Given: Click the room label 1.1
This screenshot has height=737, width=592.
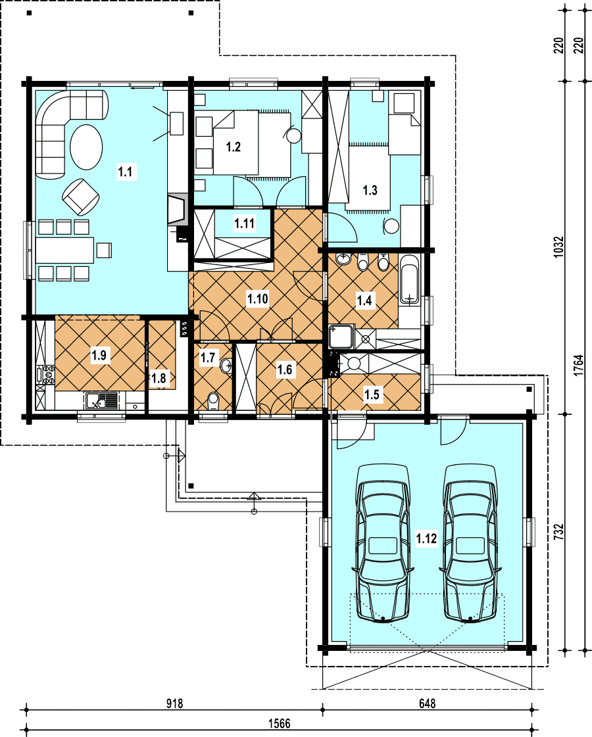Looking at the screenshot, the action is pos(125,172).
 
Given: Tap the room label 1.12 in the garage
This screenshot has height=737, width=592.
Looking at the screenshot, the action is pos(426,538).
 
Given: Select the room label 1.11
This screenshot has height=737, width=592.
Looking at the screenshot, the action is pos(245,224).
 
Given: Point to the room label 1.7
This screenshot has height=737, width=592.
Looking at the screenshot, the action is pos(208,358).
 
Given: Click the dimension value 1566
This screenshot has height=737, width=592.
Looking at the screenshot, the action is pos(280,723).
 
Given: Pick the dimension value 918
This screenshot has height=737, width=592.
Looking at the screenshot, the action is pos(174,703).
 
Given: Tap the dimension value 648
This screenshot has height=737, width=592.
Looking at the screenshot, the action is pos(427,703).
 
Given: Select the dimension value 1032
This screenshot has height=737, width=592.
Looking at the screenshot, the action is pos(558,247).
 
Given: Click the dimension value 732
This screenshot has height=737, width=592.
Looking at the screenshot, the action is pos(558,532).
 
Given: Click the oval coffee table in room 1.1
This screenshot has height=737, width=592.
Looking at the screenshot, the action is pos(86,146).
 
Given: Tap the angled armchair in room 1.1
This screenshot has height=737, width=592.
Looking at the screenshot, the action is pos(81,196).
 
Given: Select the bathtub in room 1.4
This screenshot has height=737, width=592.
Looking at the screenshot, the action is pos(410,279).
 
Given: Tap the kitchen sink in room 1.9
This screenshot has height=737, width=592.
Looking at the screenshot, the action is pos(102,402).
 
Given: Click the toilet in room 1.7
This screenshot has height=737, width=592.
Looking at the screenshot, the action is pos(214,402).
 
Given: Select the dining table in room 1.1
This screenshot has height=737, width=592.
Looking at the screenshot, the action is pos(65,250).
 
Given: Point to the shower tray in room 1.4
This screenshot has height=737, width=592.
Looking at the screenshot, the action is pos(341,337).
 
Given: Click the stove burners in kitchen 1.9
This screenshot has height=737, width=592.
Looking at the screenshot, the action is pos(49,375).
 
